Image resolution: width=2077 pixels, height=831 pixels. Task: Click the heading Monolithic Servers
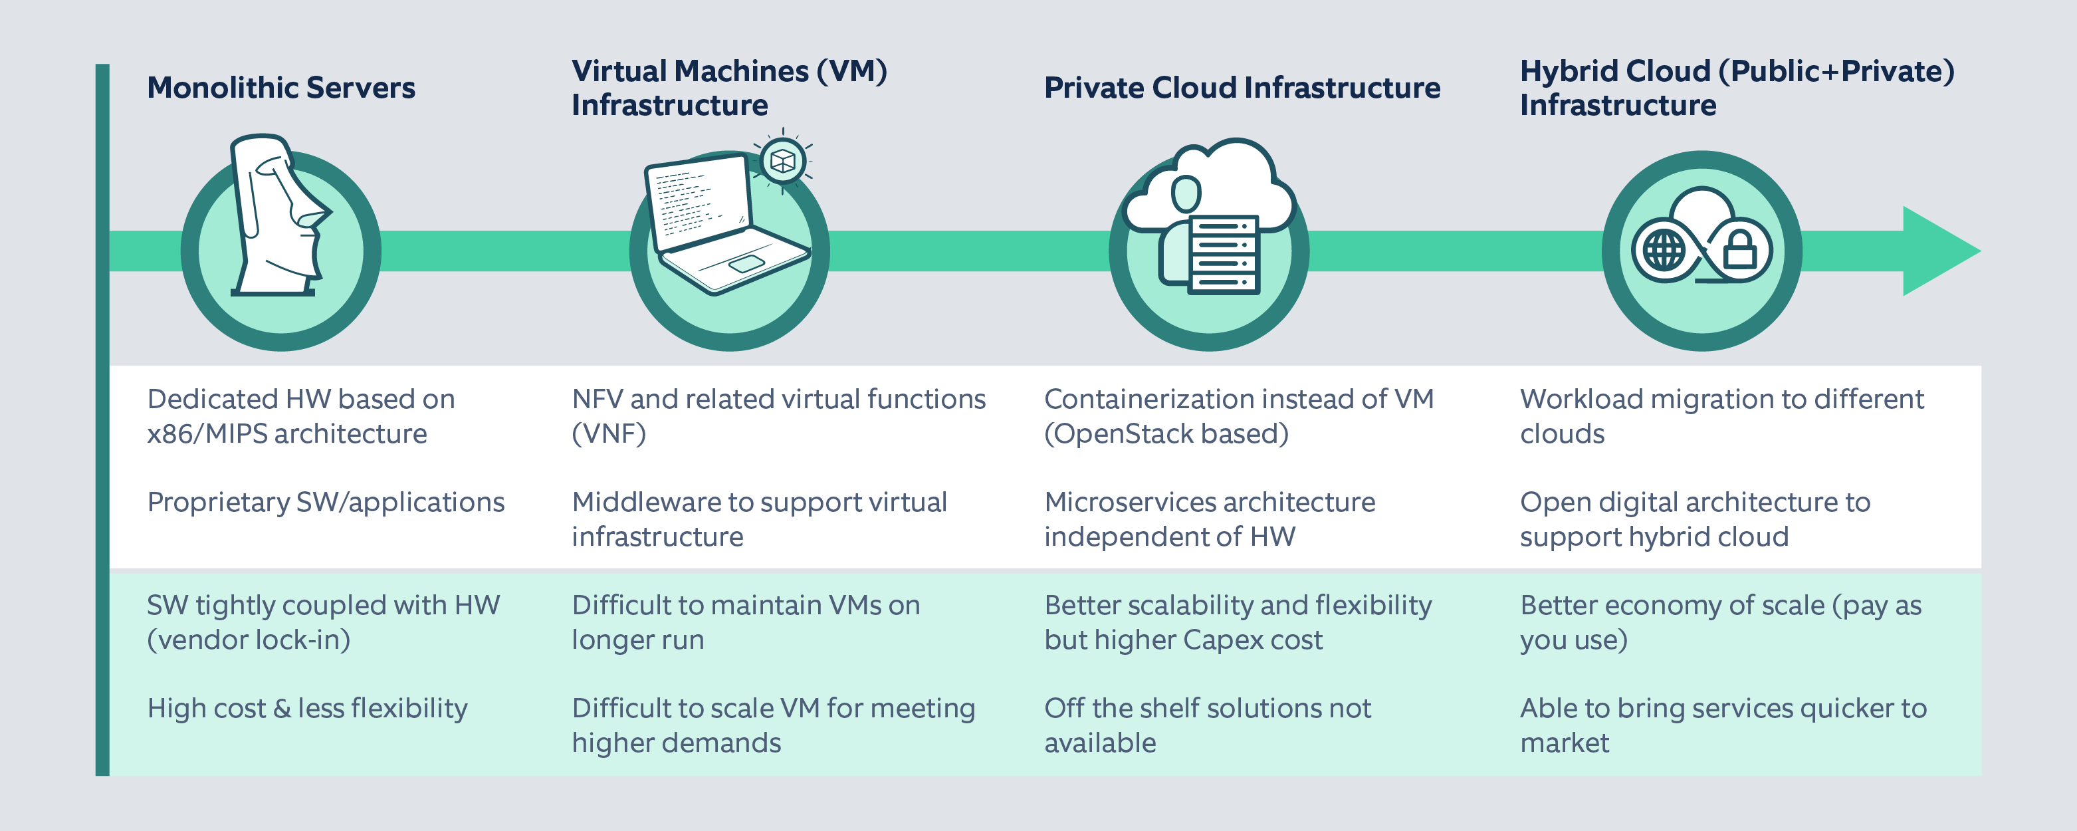[280, 87]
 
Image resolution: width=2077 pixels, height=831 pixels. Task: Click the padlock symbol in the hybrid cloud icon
[1739, 251]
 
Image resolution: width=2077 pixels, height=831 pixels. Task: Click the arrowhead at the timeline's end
[1939, 251]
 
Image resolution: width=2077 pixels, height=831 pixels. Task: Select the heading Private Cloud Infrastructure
[1242, 87]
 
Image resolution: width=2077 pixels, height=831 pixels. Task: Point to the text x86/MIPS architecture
[286, 434]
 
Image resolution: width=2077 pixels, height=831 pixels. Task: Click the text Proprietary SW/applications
[325, 503]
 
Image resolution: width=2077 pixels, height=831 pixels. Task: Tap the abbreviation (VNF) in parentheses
[609, 434]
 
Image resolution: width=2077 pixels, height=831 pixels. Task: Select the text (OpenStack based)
[1166, 434]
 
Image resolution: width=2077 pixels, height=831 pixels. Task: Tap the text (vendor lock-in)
[249, 640]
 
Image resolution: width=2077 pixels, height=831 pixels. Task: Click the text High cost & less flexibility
[306, 709]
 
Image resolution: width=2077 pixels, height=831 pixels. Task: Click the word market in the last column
[1564, 743]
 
